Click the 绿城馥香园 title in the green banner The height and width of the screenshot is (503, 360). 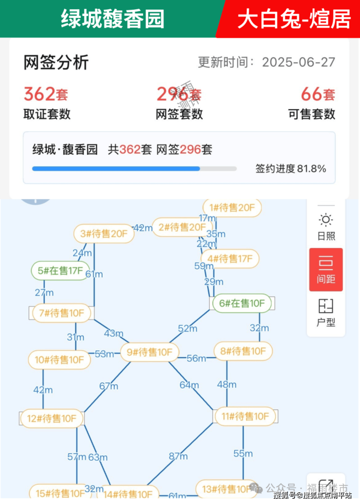click(x=112, y=18)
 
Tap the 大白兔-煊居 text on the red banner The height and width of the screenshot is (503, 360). click(x=294, y=18)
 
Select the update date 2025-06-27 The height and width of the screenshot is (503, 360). click(x=299, y=62)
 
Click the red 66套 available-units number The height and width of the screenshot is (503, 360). click(x=318, y=93)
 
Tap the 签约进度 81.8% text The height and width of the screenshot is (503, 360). click(x=291, y=169)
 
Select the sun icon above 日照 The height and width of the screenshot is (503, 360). click(x=325, y=220)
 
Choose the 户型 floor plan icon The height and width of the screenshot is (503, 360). click(x=325, y=306)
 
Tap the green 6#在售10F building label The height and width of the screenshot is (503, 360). click(x=242, y=304)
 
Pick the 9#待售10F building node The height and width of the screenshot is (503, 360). click(x=150, y=352)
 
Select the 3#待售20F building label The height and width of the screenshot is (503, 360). click(x=104, y=234)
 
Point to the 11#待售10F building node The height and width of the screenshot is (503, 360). click(x=245, y=416)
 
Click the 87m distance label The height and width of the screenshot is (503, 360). click(x=178, y=456)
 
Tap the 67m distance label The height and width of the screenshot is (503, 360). click(x=108, y=386)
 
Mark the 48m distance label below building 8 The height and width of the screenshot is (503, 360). click(x=227, y=385)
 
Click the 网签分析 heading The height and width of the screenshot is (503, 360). click(x=56, y=63)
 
